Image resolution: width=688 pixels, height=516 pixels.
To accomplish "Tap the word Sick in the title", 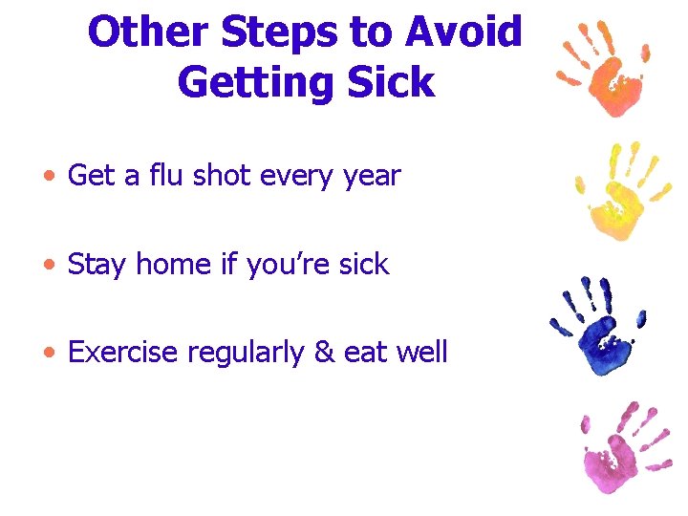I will pyautogui.click(x=394, y=82).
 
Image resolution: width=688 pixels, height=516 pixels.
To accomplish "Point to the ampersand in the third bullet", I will pyautogui.click(x=323, y=353).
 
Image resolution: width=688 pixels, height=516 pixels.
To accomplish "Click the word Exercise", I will pyautogui.click(x=123, y=353).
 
